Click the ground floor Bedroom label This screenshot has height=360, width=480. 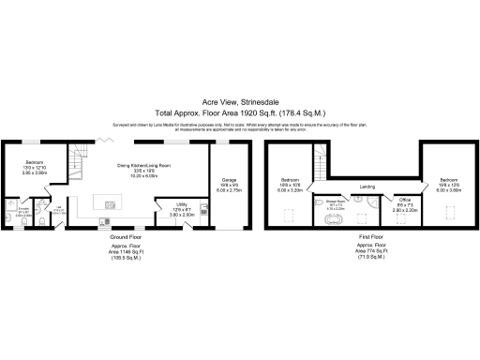[34, 163]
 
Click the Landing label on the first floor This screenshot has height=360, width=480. [367, 187]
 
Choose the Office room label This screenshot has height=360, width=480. [405, 199]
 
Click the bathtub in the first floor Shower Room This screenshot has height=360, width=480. [336, 220]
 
